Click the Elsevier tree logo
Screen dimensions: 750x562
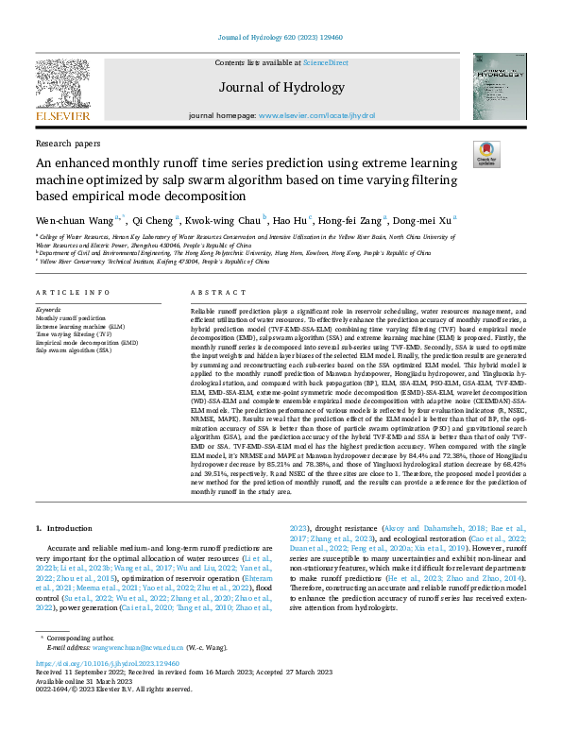click(62, 83)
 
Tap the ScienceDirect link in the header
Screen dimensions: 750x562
click(326, 62)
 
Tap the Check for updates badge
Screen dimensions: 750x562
click(486, 154)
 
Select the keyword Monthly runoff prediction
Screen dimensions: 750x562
click(71, 318)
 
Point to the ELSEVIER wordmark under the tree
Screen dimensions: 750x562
click(62, 116)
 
